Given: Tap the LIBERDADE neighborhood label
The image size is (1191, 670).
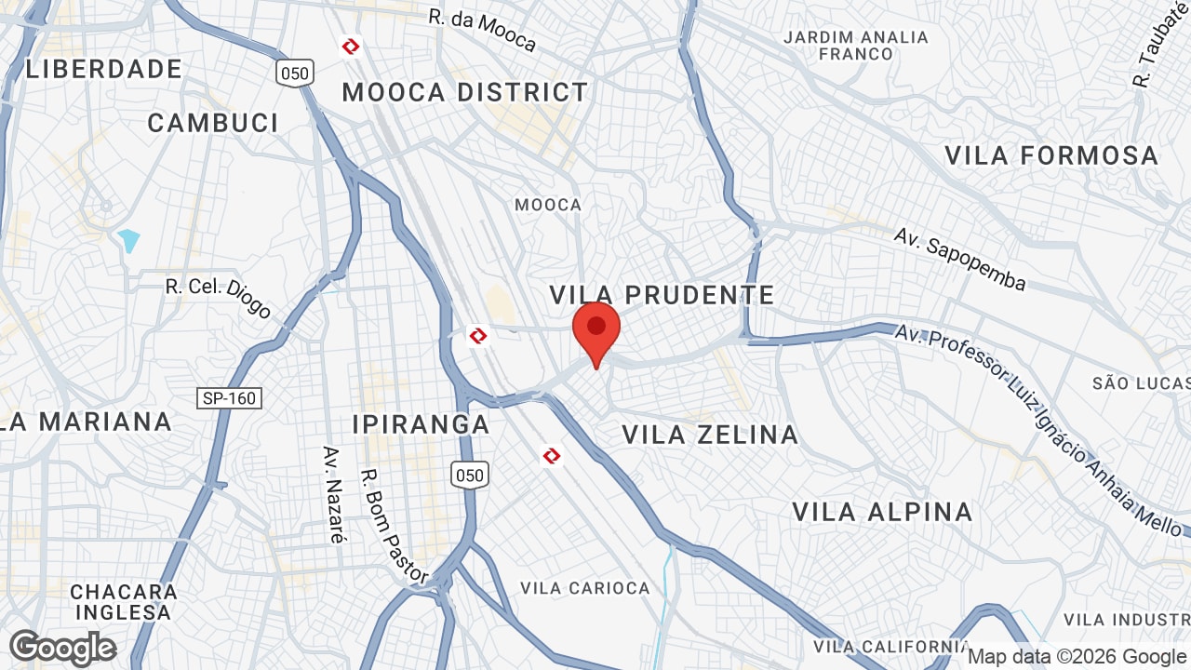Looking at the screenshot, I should coord(103,69).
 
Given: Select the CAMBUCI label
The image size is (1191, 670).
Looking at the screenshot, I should coord(213,123).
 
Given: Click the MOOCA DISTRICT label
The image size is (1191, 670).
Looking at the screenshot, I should coord(465,92).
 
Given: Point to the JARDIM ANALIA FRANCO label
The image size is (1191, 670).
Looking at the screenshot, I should coord(856,46).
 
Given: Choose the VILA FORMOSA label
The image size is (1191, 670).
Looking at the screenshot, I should coord(1052,155).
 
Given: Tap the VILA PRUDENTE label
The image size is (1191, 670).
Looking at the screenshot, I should coord(662,295).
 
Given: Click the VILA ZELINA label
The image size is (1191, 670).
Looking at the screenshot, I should coord(710,435).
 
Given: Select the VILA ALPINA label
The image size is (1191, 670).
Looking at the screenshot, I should coord(882,512).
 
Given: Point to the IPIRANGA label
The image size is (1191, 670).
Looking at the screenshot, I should coord(421,424).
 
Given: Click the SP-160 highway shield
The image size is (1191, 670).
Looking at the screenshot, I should coord(231,398).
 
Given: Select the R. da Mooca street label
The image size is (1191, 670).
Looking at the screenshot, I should coord(483,31).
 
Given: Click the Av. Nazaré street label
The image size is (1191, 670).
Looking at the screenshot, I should coord(333,494).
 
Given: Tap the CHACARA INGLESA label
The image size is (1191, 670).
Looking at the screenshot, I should coord(124,602).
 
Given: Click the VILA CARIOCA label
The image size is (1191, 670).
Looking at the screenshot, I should coord(585,588).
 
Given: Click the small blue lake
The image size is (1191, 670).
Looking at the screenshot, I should coord(129,240).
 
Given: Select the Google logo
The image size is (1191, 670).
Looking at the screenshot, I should coord(63,648).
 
